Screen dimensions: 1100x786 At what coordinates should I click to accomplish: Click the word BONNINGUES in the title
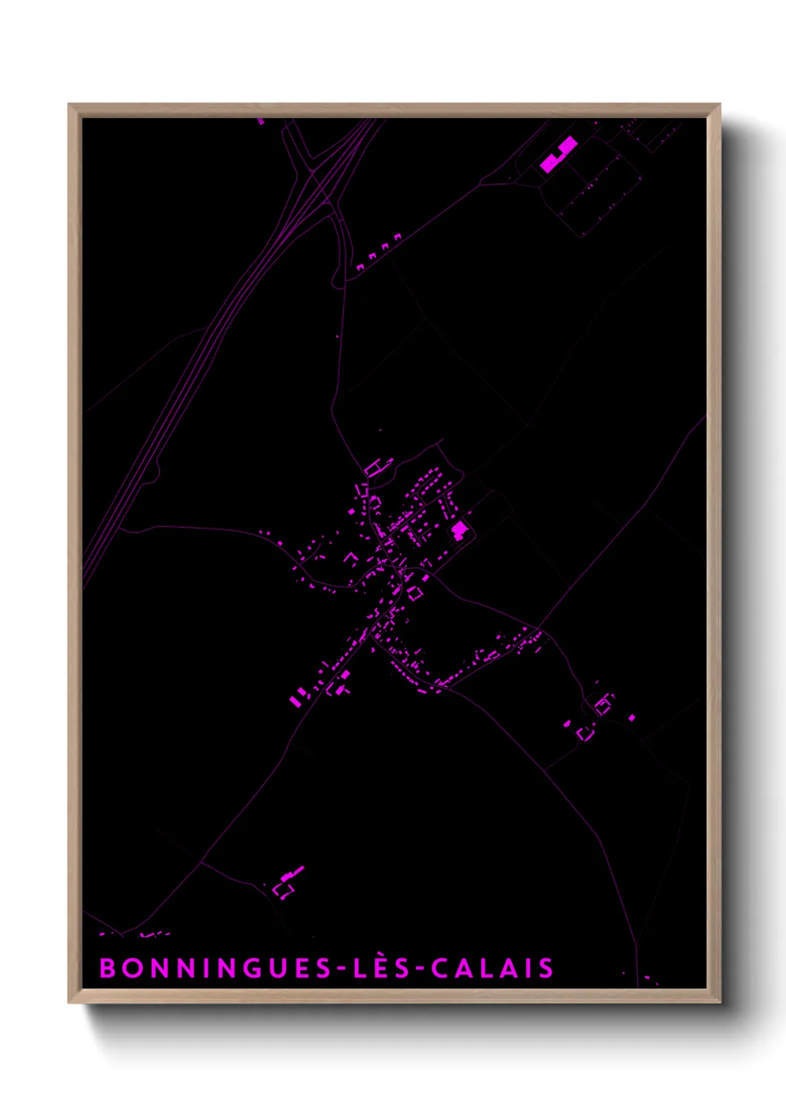click(x=215, y=968)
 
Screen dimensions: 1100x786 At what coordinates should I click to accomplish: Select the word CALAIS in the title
click(x=493, y=968)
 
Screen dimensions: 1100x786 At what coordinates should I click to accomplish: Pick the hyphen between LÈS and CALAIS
click(x=420, y=968)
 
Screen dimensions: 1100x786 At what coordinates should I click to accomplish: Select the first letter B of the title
click(x=108, y=968)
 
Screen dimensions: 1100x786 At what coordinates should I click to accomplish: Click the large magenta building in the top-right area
click(x=558, y=155)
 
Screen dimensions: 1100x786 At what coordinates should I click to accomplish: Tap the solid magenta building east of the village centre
click(x=460, y=530)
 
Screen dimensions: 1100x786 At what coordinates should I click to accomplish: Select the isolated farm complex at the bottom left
click(x=288, y=881)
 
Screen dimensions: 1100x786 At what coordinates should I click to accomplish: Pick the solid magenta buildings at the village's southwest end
click(x=296, y=698)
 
